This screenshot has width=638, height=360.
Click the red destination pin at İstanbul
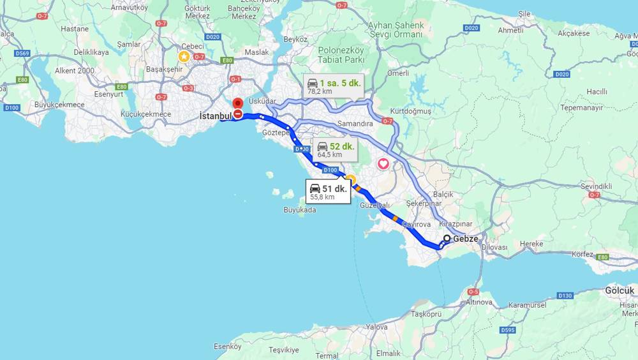pyautogui.click(x=237, y=103)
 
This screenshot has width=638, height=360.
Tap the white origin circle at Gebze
pyautogui.click(x=447, y=239)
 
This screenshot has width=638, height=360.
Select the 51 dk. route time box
pyautogui.click(x=328, y=191)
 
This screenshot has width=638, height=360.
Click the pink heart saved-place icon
pyautogui.click(x=383, y=164)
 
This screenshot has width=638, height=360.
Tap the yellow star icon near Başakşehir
pyautogui.click(x=184, y=56)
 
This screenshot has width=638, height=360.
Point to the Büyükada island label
pyautogui.click(x=300, y=209)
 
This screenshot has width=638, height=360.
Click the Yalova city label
pyautogui.click(x=376, y=327)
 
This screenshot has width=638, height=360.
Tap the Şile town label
pyautogui.click(x=524, y=13)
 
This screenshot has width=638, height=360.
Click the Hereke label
pyautogui.click(x=531, y=244)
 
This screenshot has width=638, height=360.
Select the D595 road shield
pyautogui.click(x=508, y=329)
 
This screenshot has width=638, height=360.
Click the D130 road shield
pyautogui.click(x=565, y=296)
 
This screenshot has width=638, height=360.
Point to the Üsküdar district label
pyautogui.click(x=262, y=101)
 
